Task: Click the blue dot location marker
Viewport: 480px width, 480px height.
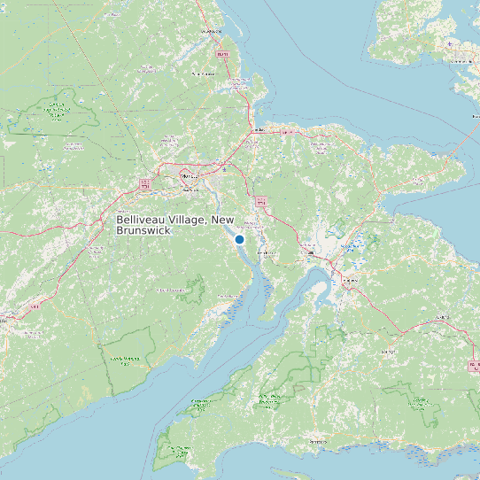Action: point(239,239)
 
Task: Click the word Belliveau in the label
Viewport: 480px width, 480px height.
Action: point(143,220)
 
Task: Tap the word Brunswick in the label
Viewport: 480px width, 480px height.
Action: point(143,230)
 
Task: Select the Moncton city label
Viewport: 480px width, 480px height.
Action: point(187,175)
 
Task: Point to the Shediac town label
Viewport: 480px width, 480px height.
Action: point(259,130)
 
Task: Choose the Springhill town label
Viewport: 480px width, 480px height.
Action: point(387,351)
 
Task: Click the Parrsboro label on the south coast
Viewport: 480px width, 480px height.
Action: point(316,440)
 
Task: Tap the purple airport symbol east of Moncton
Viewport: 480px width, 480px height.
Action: point(225,168)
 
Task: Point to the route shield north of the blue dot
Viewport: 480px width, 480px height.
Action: point(261,201)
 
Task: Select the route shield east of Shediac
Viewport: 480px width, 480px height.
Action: point(286,131)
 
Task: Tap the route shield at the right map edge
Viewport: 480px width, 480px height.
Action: point(473,364)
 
